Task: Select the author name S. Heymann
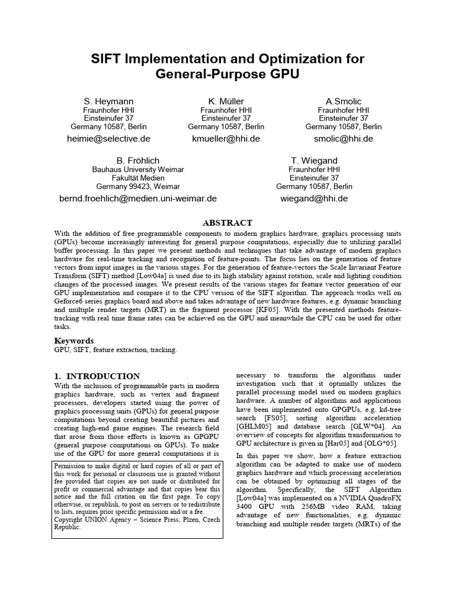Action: point(109,101)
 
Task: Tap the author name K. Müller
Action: point(226,101)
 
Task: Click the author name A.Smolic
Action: point(343,101)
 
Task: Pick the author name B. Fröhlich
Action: point(138,161)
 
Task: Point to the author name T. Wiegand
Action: point(314,161)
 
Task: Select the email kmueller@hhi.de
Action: point(226,139)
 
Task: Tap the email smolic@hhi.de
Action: point(343,139)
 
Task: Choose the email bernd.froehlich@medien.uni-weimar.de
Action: point(138,199)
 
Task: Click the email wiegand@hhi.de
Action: point(314,199)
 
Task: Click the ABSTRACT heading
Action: point(227,223)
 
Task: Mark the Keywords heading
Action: point(74,341)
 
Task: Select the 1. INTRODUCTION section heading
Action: point(97,376)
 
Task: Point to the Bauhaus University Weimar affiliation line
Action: point(138,170)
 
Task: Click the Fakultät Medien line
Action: point(138,178)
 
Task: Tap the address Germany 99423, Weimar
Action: point(138,186)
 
